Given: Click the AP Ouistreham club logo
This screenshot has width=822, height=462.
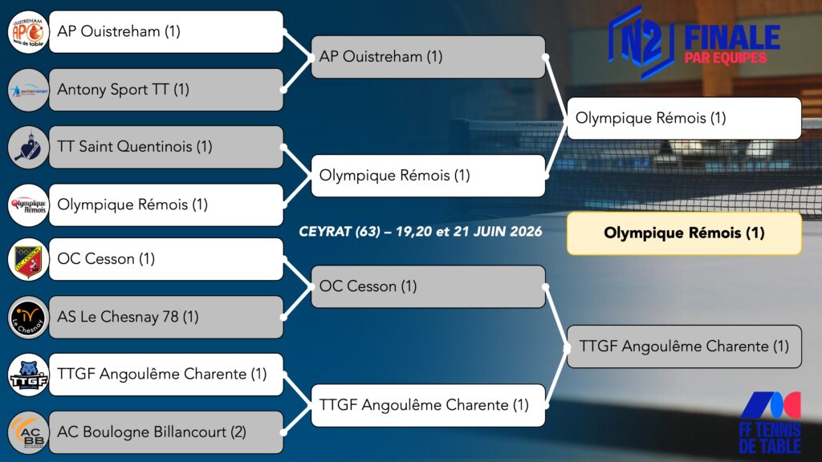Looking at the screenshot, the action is (28, 32).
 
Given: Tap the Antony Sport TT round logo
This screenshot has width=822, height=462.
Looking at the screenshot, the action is (28, 90).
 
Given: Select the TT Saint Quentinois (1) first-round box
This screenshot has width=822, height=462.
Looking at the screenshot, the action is (166, 148).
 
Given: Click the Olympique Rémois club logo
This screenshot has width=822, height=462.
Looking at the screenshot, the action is (28, 205).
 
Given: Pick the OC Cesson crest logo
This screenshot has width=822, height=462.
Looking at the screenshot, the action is (28, 259).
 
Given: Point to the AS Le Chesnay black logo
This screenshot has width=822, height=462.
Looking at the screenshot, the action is (28, 318).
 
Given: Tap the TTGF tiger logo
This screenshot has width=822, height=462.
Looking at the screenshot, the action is (28, 375).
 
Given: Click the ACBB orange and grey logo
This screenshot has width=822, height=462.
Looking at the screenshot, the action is (28, 432).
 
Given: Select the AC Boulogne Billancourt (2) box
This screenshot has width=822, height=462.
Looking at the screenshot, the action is (166, 432).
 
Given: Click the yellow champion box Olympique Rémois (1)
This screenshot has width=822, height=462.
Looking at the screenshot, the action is (684, 233).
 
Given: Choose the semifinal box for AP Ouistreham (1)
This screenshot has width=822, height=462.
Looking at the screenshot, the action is (429, 57).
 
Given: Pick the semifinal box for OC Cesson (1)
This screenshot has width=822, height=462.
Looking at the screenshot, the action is (429, 286).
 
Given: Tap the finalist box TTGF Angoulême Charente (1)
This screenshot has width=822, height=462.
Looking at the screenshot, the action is (684, 346).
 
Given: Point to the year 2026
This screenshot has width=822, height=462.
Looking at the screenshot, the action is (525, 232).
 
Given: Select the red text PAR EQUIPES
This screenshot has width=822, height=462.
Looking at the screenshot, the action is (726, 58).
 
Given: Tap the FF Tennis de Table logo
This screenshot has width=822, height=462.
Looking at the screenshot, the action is (770, 422).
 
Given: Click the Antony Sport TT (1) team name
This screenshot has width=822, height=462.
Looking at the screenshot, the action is (123, 90).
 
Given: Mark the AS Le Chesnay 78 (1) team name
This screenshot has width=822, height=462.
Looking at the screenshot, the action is (128, 317).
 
